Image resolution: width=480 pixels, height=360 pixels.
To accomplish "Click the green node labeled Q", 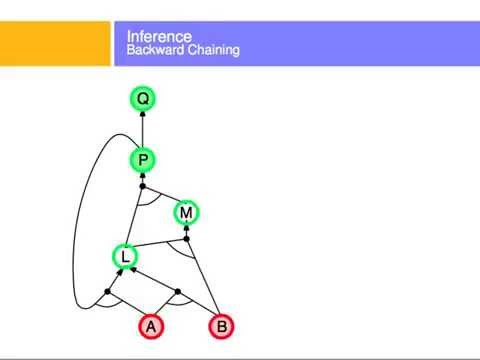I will (x=143, y=98).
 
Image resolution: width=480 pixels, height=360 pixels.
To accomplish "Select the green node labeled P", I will (x=143, y=160).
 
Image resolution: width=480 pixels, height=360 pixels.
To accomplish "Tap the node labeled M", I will (x=186, y=212).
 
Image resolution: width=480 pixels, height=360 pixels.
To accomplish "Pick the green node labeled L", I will (x=125, y=257).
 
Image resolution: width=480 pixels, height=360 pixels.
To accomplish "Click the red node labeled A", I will (x=151, y=326).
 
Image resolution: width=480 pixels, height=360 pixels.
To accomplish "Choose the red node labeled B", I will (x=222, y=326).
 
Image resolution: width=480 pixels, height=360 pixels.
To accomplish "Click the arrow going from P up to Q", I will (x=143, y=129).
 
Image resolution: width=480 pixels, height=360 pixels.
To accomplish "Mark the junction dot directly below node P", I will (x=143, y=186).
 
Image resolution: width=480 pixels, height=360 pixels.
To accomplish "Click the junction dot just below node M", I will (x=186, y=239).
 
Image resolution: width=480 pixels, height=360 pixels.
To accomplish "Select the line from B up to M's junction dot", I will (x=203, y=280).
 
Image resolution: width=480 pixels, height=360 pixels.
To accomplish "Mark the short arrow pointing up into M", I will (x=186, y=231).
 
